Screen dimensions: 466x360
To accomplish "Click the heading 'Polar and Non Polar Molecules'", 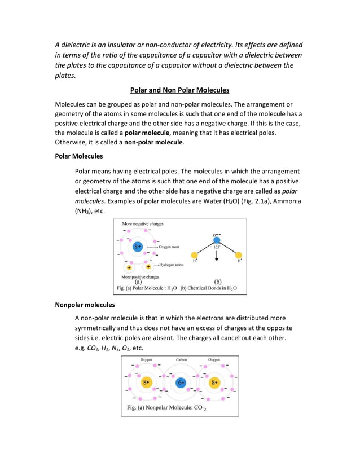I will click(x=179, y=90).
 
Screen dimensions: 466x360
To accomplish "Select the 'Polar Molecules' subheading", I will click(x=78, y=156).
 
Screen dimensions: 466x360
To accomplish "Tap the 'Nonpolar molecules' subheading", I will click(x=85, y=305).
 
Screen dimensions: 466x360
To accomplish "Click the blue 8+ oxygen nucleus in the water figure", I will click(x=138, y=247).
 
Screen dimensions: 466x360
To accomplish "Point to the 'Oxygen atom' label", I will click(x=172, y=247).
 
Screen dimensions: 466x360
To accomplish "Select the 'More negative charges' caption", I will click(x=143, y=225).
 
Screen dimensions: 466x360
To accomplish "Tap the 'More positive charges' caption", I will click(x=141, y=277).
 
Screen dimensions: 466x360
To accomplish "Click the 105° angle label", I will click(x=217, y=247).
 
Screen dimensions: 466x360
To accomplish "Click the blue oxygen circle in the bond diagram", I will click(x=217, y=240).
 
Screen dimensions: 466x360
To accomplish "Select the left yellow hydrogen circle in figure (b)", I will click(x=195, y=255).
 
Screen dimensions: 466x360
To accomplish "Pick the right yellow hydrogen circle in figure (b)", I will click(x=239, y=255).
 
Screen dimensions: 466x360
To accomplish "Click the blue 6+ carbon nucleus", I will click(x=181, y=383).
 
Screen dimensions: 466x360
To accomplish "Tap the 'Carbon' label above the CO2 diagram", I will click(x=182, y=359).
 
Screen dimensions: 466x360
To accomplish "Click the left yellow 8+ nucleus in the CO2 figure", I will click(x=146, y=383).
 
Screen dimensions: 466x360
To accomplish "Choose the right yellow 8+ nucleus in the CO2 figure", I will click(x=214, y=383).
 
